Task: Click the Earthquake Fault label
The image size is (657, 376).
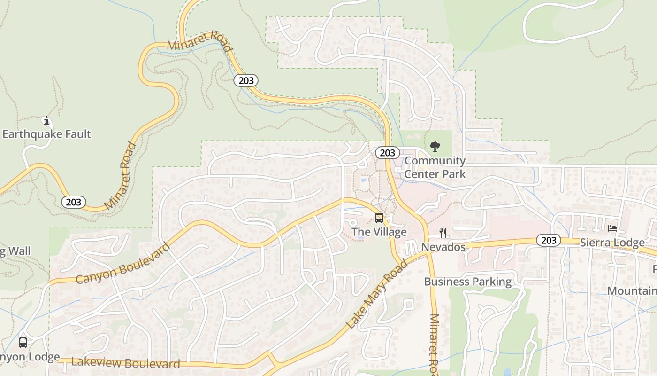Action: (46, 134)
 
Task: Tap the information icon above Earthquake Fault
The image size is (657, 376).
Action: (46, 121)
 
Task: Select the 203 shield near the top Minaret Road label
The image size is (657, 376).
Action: (246, 80)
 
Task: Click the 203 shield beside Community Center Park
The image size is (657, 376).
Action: (387, 153)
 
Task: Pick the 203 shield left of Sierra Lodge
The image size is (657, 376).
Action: (548, 241)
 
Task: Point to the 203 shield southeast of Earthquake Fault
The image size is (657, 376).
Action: (74, 202)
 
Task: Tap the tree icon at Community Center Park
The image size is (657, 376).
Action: (435, 147)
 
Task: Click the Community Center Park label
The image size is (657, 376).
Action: (435, 167)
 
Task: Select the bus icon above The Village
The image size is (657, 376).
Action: (379, 218)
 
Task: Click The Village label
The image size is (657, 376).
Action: (379, 232)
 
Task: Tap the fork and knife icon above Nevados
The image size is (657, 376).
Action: (443, 233)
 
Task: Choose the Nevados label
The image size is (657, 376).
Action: (443, 247)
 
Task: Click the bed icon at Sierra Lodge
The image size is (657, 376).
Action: (612, 228)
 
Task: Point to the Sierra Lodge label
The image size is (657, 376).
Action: (612, 243)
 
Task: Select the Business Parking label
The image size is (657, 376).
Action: (467, 282)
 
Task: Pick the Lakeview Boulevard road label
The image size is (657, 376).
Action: (125, 363)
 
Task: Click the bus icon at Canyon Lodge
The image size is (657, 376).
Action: (23, 343)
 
